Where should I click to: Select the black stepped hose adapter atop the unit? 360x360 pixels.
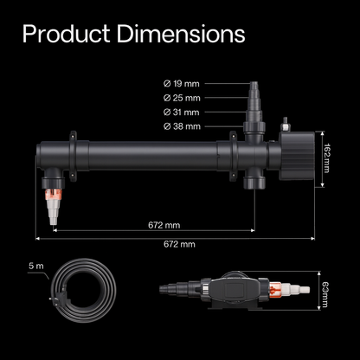tap(257, 108)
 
